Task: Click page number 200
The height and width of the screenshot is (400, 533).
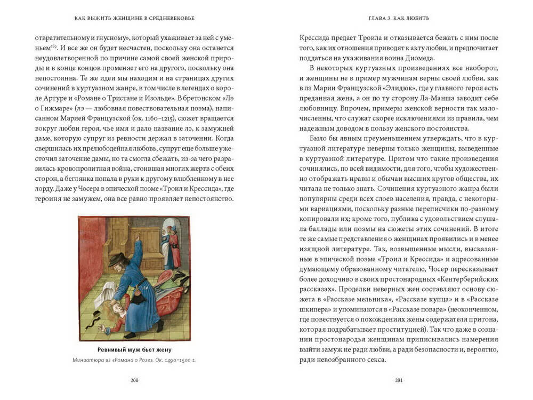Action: (x=134, y=380)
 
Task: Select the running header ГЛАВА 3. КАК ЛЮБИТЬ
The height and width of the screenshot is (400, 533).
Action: (x=399, y=18)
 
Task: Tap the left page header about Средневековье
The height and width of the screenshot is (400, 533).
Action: (x=134, y=18)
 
